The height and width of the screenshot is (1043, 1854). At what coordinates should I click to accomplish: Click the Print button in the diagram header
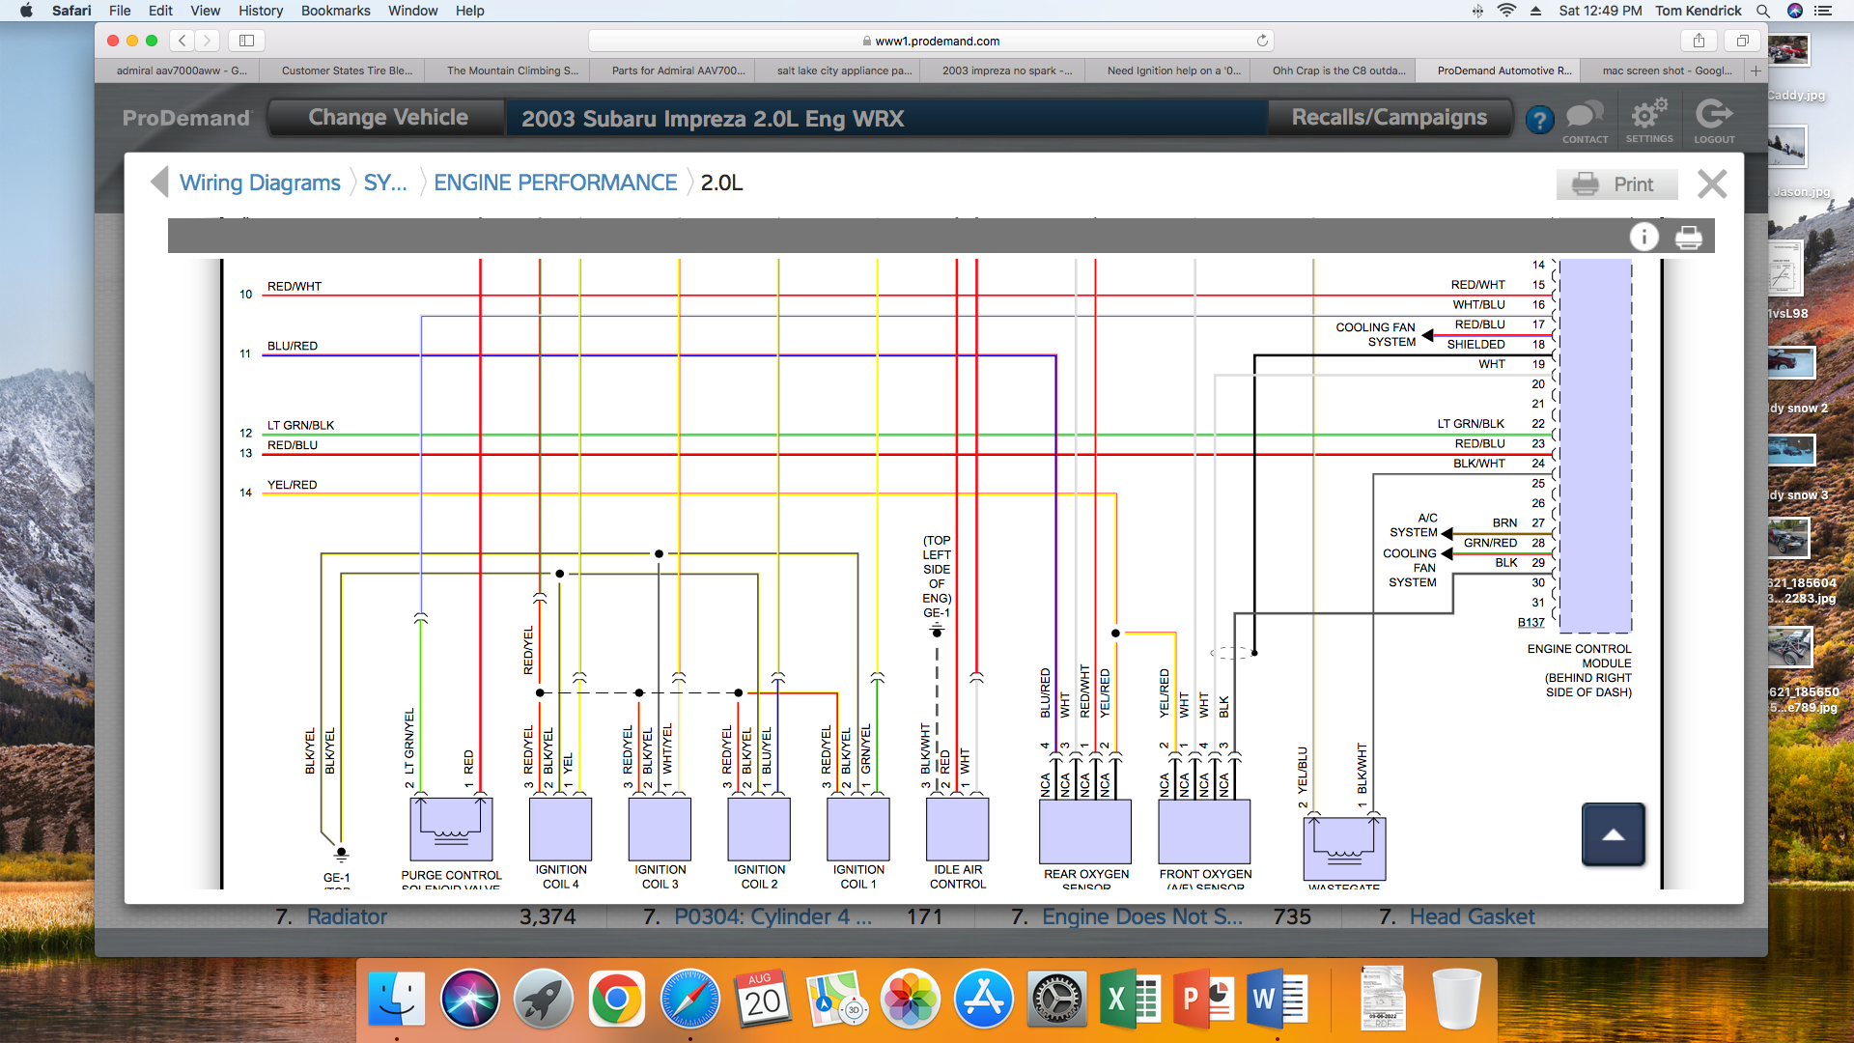pyautogui.click(x=1615, y=184)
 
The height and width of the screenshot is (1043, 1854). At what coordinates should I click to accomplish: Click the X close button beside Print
pyautogui.click(x=1712, y=184)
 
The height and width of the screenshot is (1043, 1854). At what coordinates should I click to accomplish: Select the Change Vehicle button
pyautogui.click(x=387, y=118)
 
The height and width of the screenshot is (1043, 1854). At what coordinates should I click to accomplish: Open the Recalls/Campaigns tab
pyautogui.click(x=1389, y=118)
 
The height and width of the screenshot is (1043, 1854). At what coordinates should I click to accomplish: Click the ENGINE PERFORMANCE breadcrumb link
pyautogui.click(x=555, y=183)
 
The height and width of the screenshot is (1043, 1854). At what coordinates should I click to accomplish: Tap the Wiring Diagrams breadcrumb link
pyautogui.click(x=260, y=183)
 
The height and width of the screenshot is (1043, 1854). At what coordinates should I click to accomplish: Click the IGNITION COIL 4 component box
pyautogui.click(x=560, y=829)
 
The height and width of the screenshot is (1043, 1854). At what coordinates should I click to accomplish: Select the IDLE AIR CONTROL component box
pyautogui.click(x=957, y=829)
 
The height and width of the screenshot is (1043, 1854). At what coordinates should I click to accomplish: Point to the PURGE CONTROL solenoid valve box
pyautogui.click(x=451, y=829)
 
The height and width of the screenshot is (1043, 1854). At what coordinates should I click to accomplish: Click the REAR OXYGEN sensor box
pyautogui.click(x=1084, y=831)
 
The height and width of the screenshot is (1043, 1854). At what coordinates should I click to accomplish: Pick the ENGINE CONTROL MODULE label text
pyautogui.click(x=1579, y=656)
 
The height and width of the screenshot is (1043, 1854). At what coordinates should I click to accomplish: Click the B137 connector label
pyautogui.click(x=1531, y=623)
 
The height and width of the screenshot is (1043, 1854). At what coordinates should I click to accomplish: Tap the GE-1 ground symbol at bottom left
pyautogui.click(x=341, y=855)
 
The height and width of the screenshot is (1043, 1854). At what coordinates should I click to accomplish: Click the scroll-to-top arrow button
pyautogui.click(x=1613, y=834)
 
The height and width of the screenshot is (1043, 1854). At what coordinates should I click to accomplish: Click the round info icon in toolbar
pyautogui.click(x=1643, y=237)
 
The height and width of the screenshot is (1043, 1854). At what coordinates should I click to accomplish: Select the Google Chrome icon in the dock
pyautogui.click(x=616, y=999)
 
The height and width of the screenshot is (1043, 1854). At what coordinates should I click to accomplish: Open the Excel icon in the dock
pyautogui.click(x=1129, y=999)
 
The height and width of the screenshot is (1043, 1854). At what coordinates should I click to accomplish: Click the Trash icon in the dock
pyautogui.click(x=1456, y=999)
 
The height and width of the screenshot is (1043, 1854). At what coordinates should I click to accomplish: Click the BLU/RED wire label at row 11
pyautogui.click(x=293, y=346)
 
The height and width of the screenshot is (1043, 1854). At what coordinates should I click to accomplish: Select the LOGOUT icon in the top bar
pyautogui.click(x=1714, y=121)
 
